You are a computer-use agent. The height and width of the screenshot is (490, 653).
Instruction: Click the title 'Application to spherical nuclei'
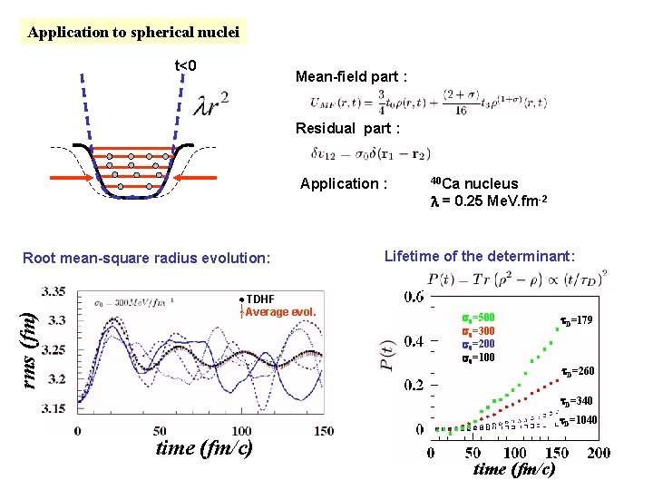pos(133,33)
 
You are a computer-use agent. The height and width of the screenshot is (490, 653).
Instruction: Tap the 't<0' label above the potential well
pos(186,65)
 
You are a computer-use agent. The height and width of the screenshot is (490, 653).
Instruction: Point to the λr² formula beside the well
pos(210,105)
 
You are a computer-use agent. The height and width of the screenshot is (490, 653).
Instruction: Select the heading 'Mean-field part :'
pos(351,77)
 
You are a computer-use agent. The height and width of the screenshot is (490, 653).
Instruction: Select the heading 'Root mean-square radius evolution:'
pos(146,258)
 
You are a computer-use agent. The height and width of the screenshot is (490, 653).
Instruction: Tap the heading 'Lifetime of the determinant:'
pos(480,257)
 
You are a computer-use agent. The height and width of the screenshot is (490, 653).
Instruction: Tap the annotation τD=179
pos(576,319)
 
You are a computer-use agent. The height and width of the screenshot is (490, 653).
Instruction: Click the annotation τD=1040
pos(576,420)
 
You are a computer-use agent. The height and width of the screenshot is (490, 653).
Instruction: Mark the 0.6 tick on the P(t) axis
pos(413,298)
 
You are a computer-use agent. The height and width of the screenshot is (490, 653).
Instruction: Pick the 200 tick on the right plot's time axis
pos(598,453)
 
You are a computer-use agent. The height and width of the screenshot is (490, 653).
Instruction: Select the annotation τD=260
pos(577,371)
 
